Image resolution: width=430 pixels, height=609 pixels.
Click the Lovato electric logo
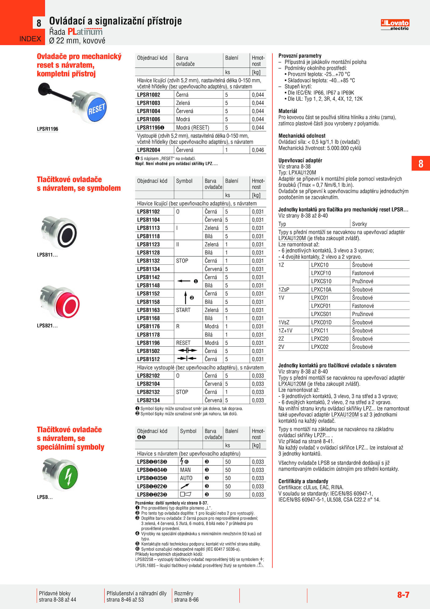click(x=395, y=25)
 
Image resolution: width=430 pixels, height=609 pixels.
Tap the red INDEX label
click(x=30, y=39)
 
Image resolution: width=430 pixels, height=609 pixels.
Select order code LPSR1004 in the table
click(x=149, y=111)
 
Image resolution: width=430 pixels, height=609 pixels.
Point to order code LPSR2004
click(x=149, y=150)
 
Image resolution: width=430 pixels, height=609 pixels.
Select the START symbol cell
click(x=183, y=310)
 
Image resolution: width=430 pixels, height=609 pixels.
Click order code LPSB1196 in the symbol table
click(x=148, y=343)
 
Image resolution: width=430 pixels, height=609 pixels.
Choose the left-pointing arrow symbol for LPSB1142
click(x=184, y=281)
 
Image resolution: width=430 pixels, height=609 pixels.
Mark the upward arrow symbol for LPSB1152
click(x=185, y=298)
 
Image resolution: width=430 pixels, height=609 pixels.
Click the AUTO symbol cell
click(x=186, y=478)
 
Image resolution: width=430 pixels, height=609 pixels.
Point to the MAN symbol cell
click(x=185, y=470)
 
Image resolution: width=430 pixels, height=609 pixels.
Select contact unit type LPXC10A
click(x=321, y=290)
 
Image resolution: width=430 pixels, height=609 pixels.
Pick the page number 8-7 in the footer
click(x=403, y=595)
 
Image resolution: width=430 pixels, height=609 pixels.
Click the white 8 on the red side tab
click(x=421, y=164)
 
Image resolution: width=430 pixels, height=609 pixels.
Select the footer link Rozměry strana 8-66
click(x=187, y=597)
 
